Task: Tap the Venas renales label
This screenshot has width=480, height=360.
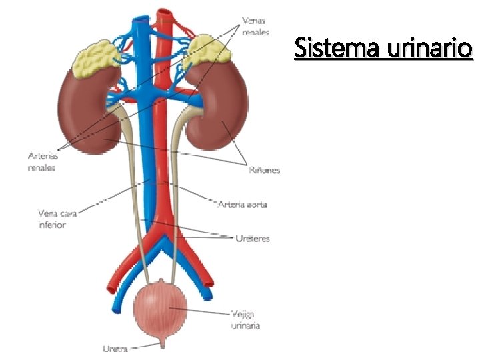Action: tap(255, 26)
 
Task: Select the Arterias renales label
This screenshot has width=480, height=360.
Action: tap(43, 162)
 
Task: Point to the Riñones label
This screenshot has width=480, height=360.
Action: tap(264, 170)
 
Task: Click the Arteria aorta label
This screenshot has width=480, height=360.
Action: tap(243, 204)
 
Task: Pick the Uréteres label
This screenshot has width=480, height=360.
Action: tap(253, 238)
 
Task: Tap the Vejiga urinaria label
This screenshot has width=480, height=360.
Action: tap(246, 319)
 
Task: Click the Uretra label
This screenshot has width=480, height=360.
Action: tap(115, 347)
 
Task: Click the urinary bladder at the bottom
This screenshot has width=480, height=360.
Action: tap(160, 310)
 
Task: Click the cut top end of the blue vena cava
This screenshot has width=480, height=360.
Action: tap(141, 20)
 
